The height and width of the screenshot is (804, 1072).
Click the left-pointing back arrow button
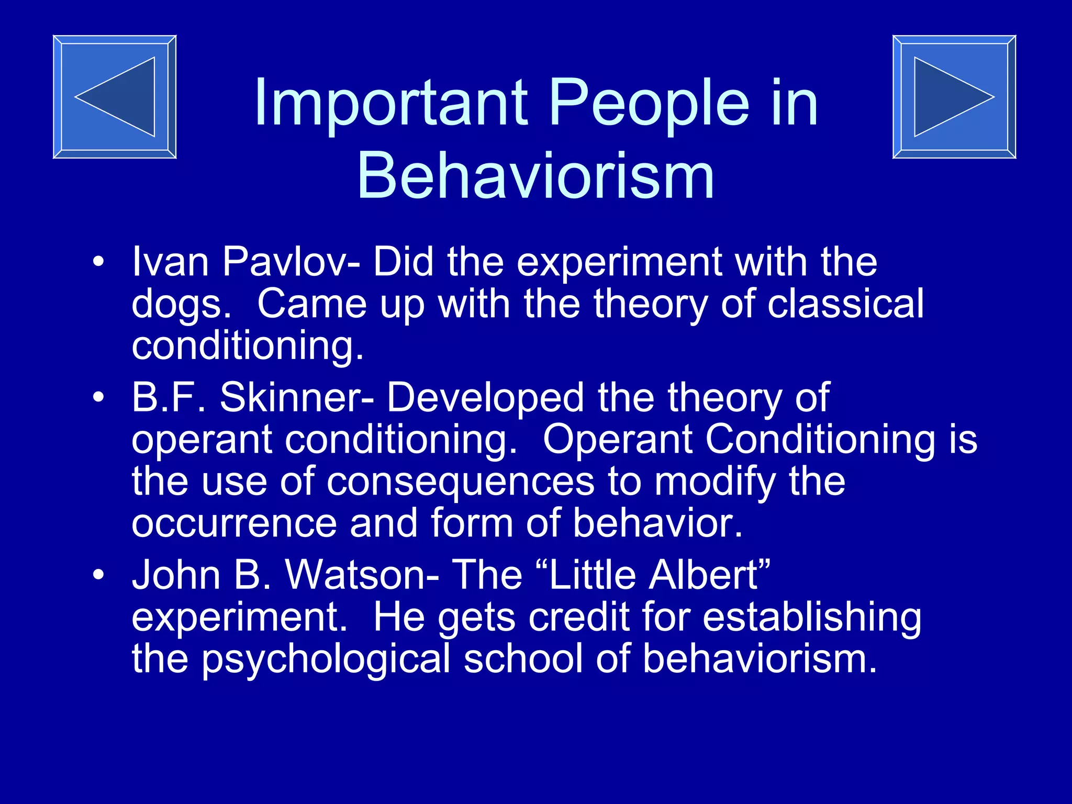point(115,97)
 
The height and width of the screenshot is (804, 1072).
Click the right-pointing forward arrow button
point(954,97)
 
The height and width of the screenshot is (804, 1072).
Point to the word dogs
point(181,305)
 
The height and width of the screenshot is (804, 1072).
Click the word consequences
point(461,482)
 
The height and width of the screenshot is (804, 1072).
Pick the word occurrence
point(234,523)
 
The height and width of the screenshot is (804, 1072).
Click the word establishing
point(812,618)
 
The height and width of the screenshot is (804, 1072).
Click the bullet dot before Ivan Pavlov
point(98,261)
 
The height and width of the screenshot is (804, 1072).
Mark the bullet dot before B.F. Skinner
point(98,397)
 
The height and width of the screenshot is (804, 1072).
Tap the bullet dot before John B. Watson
point(98,575)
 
